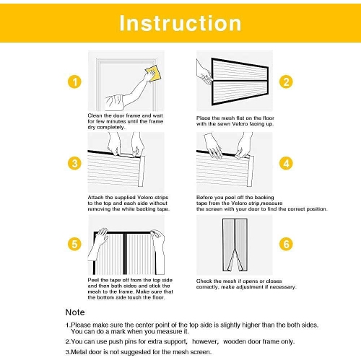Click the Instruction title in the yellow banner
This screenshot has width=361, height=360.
180,23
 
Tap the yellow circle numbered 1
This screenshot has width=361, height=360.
74,82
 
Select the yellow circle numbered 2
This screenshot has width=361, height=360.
286,82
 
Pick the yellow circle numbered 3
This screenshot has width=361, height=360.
74,163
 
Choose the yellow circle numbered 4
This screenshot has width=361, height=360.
286,163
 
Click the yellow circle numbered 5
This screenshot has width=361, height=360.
74,244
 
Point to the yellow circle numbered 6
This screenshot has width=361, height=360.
286,244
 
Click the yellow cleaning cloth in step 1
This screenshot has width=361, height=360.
154,74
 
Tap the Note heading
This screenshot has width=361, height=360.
75,312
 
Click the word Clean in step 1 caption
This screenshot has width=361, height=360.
95,115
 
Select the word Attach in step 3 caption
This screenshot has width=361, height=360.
95,198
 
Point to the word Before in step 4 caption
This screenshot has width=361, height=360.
204,198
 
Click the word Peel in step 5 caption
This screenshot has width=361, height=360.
93,280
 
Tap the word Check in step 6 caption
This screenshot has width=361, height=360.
204,281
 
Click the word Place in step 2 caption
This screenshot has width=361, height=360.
203,118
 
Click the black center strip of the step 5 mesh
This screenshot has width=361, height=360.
125,254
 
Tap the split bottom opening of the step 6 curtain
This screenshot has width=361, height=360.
235,260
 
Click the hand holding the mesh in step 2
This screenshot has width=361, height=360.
204,72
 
